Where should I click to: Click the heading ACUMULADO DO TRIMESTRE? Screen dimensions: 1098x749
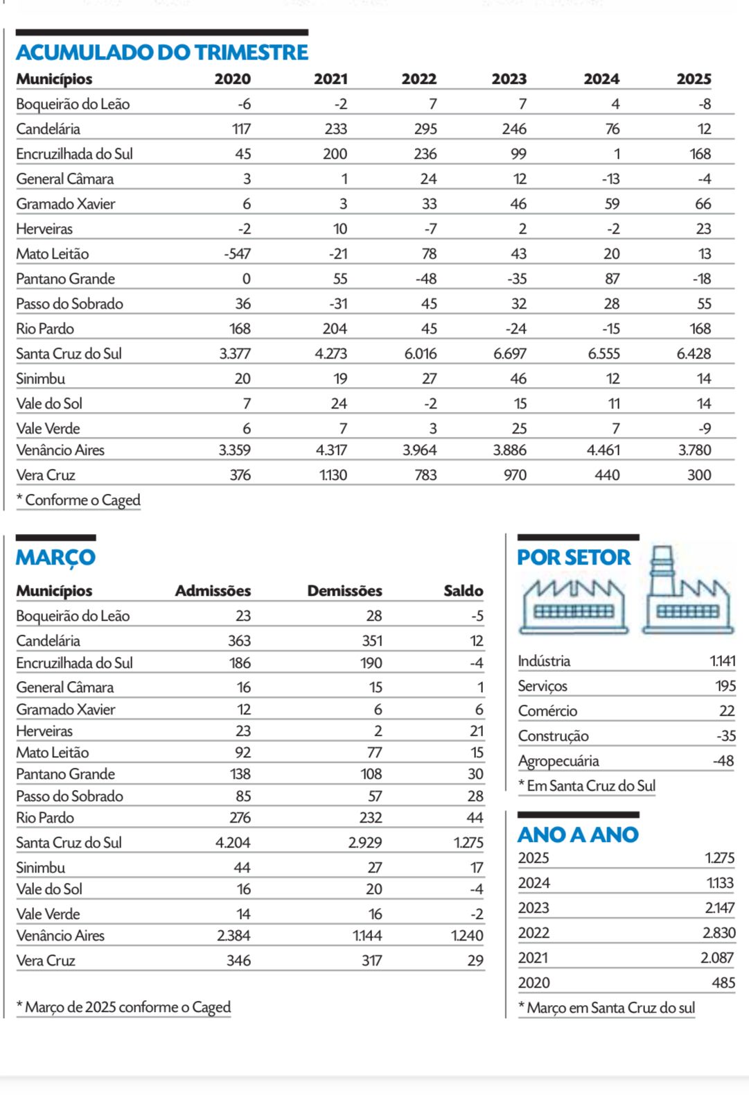162,53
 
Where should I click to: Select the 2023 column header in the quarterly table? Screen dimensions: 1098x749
509,79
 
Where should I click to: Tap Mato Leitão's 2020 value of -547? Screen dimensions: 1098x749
237,254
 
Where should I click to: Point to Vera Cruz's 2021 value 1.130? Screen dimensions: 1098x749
333,475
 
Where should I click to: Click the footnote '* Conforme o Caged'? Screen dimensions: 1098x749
78,500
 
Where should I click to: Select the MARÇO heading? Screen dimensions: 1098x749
55,558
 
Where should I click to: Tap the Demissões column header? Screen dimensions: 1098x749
344,591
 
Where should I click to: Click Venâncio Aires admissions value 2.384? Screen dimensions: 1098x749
233,936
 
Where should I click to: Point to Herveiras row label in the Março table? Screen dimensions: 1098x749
44,731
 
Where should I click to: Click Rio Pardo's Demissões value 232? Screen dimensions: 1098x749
371,818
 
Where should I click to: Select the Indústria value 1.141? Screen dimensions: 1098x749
722,661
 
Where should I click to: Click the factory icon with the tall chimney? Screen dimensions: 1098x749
687,591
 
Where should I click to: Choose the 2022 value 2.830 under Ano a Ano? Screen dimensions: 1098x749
719,933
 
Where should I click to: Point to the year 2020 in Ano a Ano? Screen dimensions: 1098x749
534,983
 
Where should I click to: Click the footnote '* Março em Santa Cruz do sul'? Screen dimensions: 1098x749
606,1008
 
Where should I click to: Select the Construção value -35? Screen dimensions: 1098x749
725,736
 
